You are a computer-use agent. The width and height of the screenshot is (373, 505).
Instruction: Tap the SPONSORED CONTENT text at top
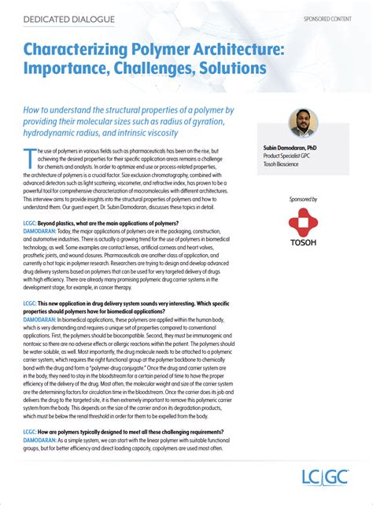(x=328, y=17)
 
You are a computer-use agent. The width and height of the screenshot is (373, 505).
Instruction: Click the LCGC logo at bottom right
(x=325, y=477)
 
